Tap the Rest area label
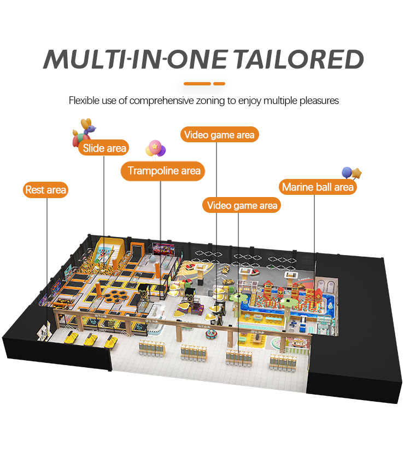[x=46, y=190]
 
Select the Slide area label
[x=104, y=148]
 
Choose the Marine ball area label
[x=318, y=187]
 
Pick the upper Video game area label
[x=220, y=135]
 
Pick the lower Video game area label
[x=242, y=206]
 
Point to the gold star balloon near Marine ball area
[x=358, y=173]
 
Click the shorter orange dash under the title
[x=219, y=84]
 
